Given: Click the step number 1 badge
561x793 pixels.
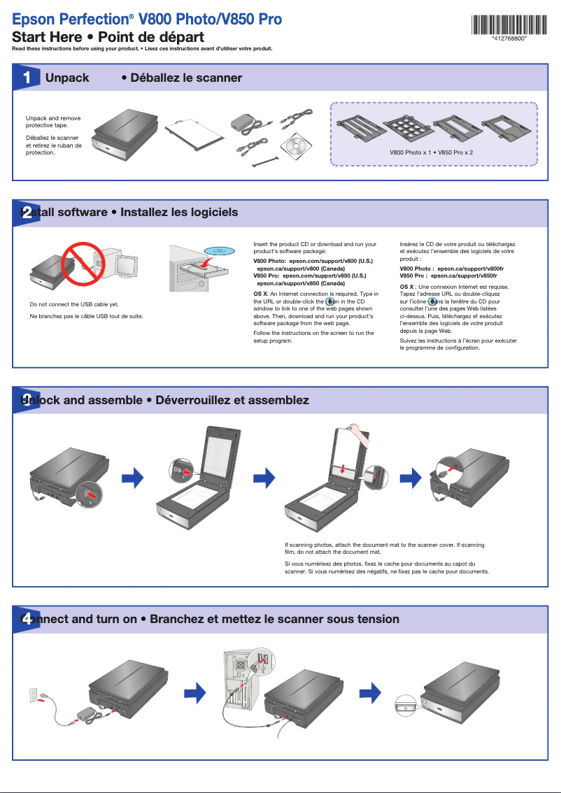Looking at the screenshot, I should coord(26,78).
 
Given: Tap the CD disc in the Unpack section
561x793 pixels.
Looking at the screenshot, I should coord(294,145).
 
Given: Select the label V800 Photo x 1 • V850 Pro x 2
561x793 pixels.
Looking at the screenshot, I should coord(431,152).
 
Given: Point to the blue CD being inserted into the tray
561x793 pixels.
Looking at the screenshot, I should coord(218,250).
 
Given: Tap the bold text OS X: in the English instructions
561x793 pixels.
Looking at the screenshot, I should coord(260,294).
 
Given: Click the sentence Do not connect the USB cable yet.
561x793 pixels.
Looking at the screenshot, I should coord(74,305).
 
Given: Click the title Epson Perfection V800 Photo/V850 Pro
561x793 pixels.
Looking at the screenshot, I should coord(148,20).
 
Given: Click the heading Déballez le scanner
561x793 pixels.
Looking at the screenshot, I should coord(181,78).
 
